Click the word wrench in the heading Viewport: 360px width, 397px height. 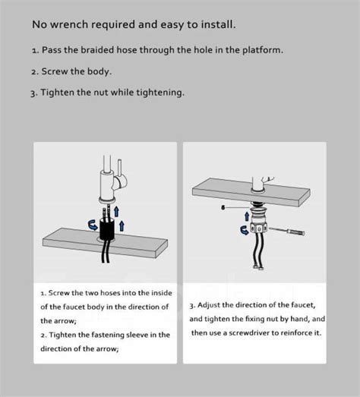pos(69,25)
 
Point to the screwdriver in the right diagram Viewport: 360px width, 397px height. pos(287,232)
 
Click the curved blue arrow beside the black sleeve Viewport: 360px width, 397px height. pos(93,225)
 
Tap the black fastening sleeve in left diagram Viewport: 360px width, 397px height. pos(107,229)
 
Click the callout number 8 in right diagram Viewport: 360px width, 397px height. pos(223,208)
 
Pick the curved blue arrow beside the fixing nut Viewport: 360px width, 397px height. pos(245,230)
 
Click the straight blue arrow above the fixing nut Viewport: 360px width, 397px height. pos(247,216)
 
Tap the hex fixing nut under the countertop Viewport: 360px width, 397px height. pos(258,228)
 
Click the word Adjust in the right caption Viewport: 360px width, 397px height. pos(209,305)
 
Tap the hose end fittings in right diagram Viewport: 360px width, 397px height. pos(258,267)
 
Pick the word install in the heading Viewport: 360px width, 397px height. pos(219,25)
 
